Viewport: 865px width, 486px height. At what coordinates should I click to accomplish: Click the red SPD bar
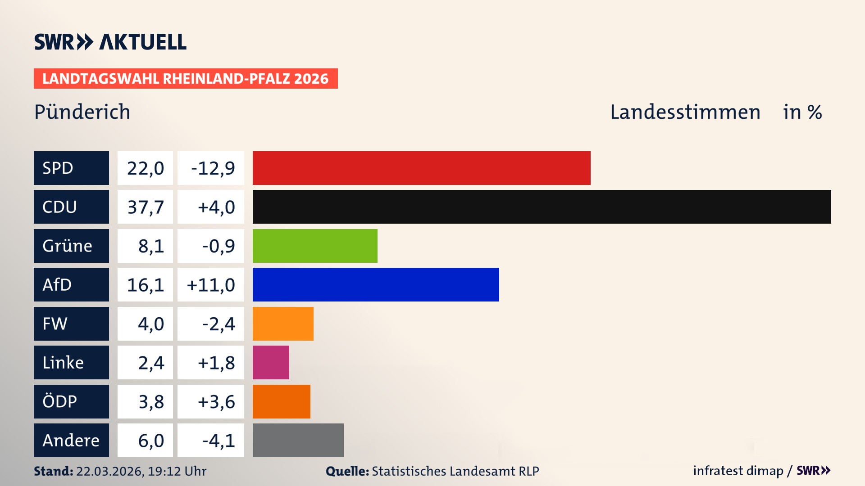pos(421,168)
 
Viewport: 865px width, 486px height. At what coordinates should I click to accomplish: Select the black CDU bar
pos(542,207)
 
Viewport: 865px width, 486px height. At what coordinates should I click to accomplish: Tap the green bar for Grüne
pos(315,246)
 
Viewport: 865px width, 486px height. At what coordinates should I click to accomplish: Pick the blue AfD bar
pos(376,284)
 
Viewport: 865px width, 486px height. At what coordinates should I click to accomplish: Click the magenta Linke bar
pos(271,362)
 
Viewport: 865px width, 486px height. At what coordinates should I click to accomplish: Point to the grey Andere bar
pos(298,440)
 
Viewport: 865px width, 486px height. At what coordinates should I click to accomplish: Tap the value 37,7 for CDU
pos(145,207)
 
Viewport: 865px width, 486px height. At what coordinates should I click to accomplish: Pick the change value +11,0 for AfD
pos(211,285)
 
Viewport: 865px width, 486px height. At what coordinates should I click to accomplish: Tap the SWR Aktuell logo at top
pos(110,42)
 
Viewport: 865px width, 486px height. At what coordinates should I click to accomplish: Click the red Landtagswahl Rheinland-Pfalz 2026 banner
pos(185,79)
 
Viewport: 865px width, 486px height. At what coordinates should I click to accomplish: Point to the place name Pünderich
pos(82,112)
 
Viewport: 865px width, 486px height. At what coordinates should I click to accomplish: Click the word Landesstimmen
pos(685,112)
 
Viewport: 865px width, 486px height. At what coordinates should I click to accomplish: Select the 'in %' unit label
pos(802,112)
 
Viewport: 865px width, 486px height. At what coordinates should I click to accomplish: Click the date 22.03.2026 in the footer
pos(109,471)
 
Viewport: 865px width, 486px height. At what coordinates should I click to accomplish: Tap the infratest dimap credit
pos(738,471)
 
